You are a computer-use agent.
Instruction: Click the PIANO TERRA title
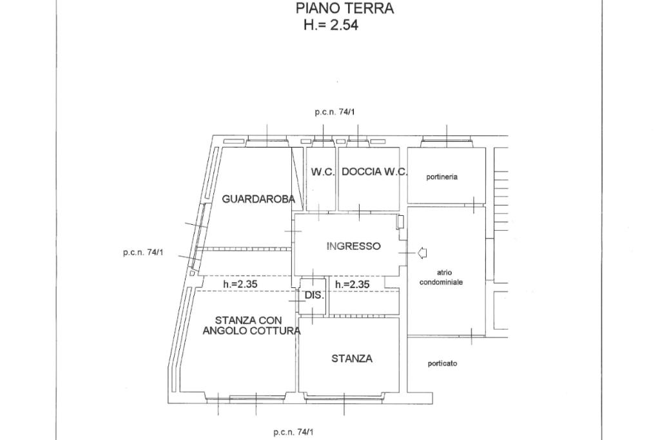tap(345, 8)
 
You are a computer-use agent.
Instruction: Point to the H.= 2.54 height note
tap(331, 26)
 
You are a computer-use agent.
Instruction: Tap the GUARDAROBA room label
tap(258, 199)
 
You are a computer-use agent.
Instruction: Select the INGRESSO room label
tap(353, 246)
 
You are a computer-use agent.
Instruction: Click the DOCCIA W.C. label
tap(374, 172)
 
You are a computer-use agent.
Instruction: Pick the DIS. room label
tap(313, 295)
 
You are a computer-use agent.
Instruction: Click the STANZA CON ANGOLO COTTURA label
tap(251, 325)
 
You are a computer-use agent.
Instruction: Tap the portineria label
tap(442, 177)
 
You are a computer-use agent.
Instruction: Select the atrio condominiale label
tap(442, 278)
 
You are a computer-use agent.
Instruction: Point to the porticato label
tap(442, 364)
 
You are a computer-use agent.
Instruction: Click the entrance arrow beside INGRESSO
tap(423, 253)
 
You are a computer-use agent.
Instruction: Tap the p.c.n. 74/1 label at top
tap(335, 112)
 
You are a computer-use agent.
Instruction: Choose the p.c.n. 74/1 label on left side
tap(143, 253)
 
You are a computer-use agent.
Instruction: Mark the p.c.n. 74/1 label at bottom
tap(293, 432)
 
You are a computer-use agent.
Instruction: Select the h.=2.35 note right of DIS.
tap(353, 284)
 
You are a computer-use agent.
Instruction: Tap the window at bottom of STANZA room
tap(345, 397)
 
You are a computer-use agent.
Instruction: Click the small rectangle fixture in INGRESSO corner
tap(400, 222)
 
